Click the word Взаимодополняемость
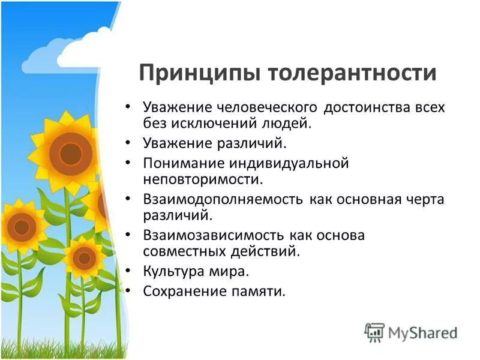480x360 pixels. pyautogui.click(x=224, y=199)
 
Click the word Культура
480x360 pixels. pyautogui.click(x=173, y=271)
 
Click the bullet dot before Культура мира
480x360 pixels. pyautogui.click(x=127, y=271)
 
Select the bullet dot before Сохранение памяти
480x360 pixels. pyautogui.click(x=127, y=291)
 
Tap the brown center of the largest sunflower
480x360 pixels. pyautogui.click(x=70, y=154)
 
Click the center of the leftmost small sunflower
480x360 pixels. pyautogui.click(x=22, y=226)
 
